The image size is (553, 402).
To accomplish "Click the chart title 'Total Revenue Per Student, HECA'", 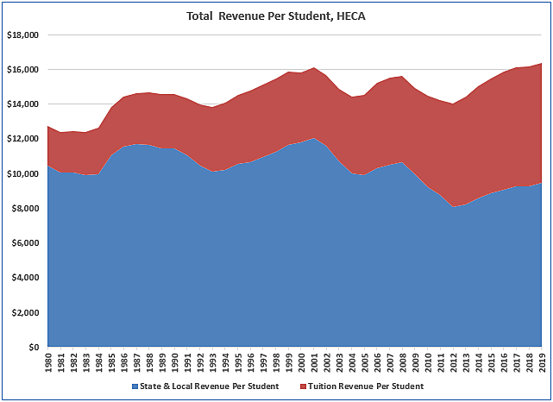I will (276, 16).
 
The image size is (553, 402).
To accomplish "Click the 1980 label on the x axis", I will (48, 364).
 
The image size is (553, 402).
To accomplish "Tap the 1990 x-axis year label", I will (175, 364).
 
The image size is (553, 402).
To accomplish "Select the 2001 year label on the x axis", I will (315, 364).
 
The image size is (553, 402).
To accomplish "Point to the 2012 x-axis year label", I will (454, 364).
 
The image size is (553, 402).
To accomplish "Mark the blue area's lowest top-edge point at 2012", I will (454, 207).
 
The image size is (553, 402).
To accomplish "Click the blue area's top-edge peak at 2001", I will (315, 138).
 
